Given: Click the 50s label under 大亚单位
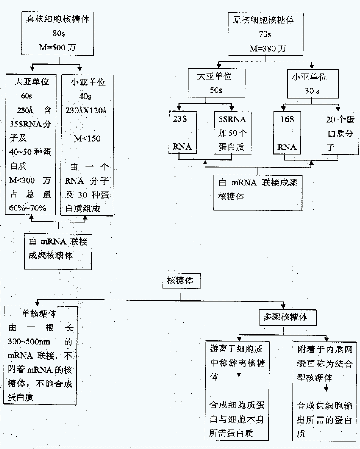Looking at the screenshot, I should tap(216, 90).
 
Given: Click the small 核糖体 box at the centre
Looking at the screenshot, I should tap(180, 281).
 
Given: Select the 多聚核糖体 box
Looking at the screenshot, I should tap(285, 318).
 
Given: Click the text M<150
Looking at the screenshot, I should tap(87, 138).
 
